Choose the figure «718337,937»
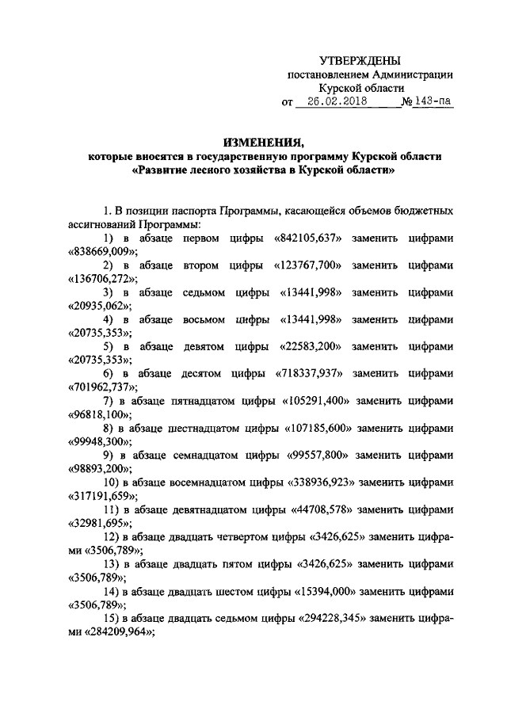pyautogui.click(x=310, y=373)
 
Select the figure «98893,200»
pyautogui.click(x=97, y=467)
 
